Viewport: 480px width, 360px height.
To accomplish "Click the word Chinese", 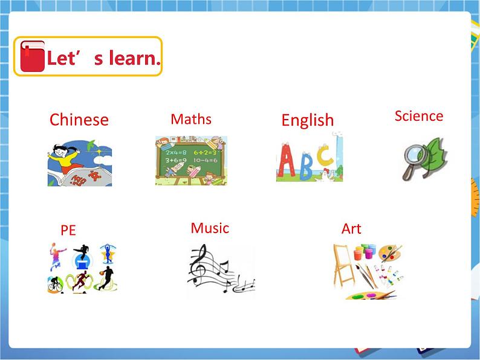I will pyautogui.click(x=79, y=120).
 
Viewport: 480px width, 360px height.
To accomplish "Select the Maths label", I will pyautogui.click(x=191, y=119).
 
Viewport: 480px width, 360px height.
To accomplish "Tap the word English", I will pyautogui.click(x=307, y=120).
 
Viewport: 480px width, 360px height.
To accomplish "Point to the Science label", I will pyautogui.click(x=418, y=116).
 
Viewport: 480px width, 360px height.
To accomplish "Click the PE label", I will pyautogui.click(x=68, y=230).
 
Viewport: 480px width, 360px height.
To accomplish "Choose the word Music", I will pyautogui.click(x=210, y=228).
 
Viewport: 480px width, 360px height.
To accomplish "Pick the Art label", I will pyautogui.click(x=351, y=229).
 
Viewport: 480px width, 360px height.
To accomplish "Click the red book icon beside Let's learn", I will pyautogui.click(x=32, y=57).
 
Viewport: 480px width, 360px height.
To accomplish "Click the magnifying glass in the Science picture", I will pyautogui.click(x=415, y=158).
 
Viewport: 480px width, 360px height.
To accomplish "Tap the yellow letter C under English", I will pyautogui.click(x=325, y=156).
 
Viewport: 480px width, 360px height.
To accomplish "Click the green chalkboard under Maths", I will pyautogui.click(x=191, y=159).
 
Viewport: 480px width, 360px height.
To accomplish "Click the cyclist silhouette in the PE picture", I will pyautogui.click(x=56, y=283).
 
